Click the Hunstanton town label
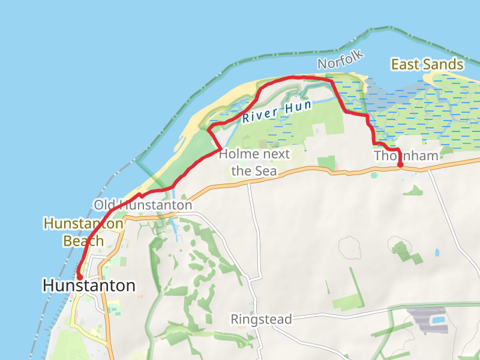89,286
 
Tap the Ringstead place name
261,319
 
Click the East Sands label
427,65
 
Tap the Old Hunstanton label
143,205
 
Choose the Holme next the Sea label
254,162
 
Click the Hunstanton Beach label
83,233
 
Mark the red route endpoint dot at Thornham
400,165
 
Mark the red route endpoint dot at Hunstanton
79,277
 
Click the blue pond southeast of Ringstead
439,320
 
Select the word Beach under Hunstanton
83,241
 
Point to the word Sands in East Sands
445,65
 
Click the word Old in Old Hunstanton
103,205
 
